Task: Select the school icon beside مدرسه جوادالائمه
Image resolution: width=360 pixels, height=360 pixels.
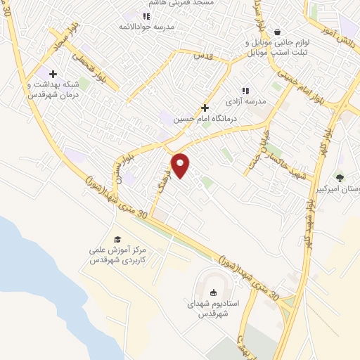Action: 146,16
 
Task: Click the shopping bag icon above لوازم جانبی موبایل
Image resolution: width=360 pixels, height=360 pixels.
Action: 277,32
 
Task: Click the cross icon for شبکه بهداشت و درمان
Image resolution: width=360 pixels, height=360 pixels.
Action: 53,73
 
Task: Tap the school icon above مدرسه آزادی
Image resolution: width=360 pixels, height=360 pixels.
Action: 245,90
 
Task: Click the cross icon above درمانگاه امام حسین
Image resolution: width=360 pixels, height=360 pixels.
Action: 205,108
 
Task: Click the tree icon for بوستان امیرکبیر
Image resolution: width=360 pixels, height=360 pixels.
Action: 340,178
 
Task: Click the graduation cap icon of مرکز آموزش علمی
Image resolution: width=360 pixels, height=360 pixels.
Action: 117,239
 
